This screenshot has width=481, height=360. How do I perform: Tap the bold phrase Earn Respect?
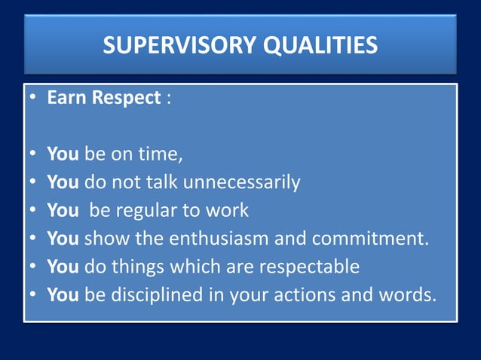tap(103, 99)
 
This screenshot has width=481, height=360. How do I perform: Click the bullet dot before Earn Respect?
tap(34, 99)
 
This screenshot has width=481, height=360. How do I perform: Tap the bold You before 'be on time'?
tap(63, 154)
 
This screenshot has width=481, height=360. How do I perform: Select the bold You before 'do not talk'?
tap(63, 183)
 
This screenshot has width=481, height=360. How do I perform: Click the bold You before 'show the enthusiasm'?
tap(63, 239)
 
